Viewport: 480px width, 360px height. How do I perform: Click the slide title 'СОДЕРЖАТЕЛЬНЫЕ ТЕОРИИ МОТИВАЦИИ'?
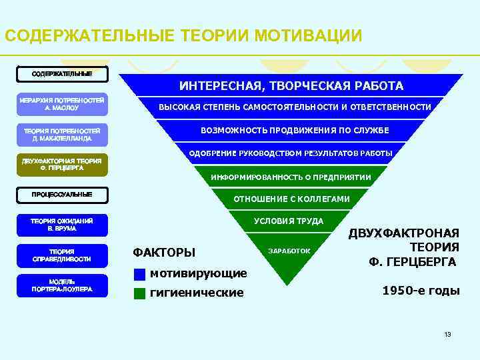pyautogui.click(x=183, y=35)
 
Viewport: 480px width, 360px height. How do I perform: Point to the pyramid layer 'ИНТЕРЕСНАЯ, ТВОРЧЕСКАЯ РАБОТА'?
pyautogui.click(x=291, y=85)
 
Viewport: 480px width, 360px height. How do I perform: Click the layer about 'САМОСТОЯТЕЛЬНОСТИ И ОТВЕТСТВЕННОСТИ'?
pyautogui.click(x=294, y=107)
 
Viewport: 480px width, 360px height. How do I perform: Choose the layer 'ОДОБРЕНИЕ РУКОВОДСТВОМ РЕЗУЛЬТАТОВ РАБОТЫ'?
pyautogui.click(x=291, y=154)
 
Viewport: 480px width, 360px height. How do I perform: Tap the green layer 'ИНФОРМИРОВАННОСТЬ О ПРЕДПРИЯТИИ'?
pyautogui.click(x=291, y=177)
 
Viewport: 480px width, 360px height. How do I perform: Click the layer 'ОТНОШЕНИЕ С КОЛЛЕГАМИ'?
pyautogui.click(x=291, y=199)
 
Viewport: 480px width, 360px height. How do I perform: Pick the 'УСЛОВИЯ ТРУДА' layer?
pyautogui.click(x=289, y=221)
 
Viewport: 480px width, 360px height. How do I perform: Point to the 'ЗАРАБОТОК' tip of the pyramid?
pyautogui.click(x=289, y=251)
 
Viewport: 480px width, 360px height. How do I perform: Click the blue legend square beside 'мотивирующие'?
pyautogui.click(x=139, y=274)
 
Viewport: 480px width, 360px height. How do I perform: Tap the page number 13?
pyautogui.click(x=447, y=333)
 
